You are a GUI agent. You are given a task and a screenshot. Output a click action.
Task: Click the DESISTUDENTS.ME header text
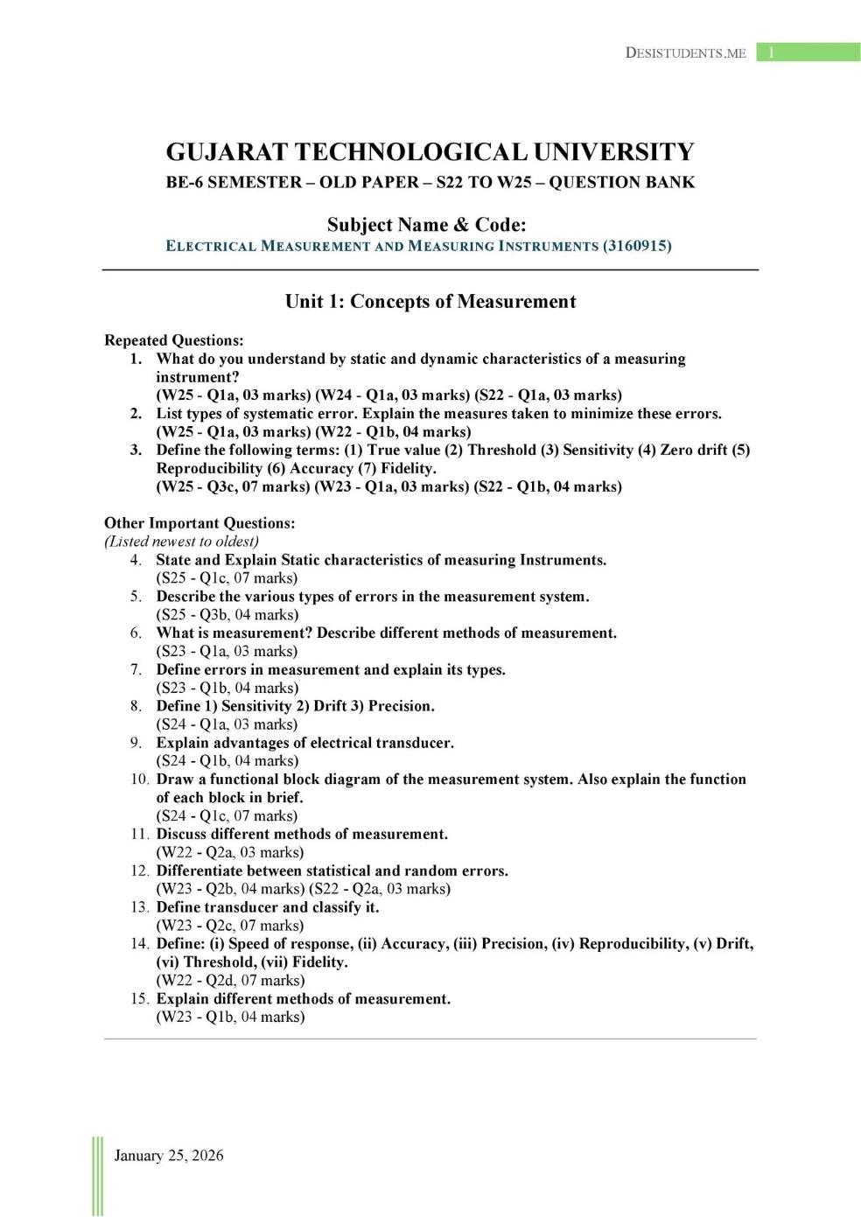(685, 53)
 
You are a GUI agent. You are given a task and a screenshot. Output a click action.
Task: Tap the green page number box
(808, 52)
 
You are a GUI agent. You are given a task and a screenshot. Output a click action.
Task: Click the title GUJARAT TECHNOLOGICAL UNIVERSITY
(430, 152)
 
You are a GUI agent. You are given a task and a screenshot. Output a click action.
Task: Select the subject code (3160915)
(637, 246)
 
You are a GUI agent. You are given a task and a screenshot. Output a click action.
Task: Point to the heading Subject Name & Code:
(426, 225)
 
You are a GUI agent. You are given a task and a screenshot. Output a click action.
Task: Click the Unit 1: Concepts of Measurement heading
(430, 302)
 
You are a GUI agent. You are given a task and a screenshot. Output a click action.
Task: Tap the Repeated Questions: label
(173, 340)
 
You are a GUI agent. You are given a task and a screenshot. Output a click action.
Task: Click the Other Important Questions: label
(199, 523)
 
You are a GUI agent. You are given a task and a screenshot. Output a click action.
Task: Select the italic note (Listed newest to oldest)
(181, 542)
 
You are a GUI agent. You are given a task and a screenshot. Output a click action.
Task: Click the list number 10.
(139, 780)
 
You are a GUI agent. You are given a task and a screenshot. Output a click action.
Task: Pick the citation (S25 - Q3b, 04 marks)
(227, 615)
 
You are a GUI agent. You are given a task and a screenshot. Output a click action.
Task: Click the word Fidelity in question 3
(407, 468)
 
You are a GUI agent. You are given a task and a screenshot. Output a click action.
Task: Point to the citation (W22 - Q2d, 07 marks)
(230, 981)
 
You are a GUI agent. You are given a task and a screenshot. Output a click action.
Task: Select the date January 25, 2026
(169, 1156)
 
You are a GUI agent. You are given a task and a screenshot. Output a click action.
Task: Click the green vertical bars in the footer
(97, 1176)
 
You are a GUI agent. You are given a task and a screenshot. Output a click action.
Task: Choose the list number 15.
(139, 999)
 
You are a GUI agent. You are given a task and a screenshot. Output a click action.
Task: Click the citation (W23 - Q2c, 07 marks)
(230, 926)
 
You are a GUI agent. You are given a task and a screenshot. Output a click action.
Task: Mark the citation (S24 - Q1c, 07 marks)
(227, 816)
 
